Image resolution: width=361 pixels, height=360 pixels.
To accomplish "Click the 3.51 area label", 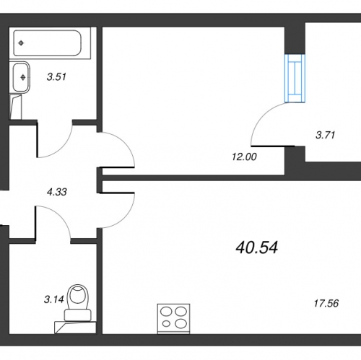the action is point(56,77).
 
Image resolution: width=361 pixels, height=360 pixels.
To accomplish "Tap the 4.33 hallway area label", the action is point(57,192).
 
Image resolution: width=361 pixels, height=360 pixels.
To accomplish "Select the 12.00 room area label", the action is point(244,157).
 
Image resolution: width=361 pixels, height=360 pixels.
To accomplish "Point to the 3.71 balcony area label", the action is point(326,135).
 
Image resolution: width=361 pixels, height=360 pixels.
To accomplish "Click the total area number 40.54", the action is point(257,247).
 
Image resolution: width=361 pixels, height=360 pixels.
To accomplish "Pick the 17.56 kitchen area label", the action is point(326,303).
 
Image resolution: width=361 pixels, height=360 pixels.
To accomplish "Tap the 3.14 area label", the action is point(53,299).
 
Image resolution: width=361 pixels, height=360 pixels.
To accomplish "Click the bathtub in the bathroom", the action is point(48,43).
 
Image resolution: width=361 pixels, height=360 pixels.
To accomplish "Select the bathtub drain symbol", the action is point(21,43).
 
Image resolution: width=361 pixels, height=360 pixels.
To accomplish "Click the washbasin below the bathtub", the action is point(21,77).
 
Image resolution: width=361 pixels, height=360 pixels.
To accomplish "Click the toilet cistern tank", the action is point(78,315).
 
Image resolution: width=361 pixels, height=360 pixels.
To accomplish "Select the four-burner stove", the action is point(173,319).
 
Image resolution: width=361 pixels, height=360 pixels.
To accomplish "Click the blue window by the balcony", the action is point(295,79).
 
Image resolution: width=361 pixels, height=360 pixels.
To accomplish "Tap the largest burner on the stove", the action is point(181,323).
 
